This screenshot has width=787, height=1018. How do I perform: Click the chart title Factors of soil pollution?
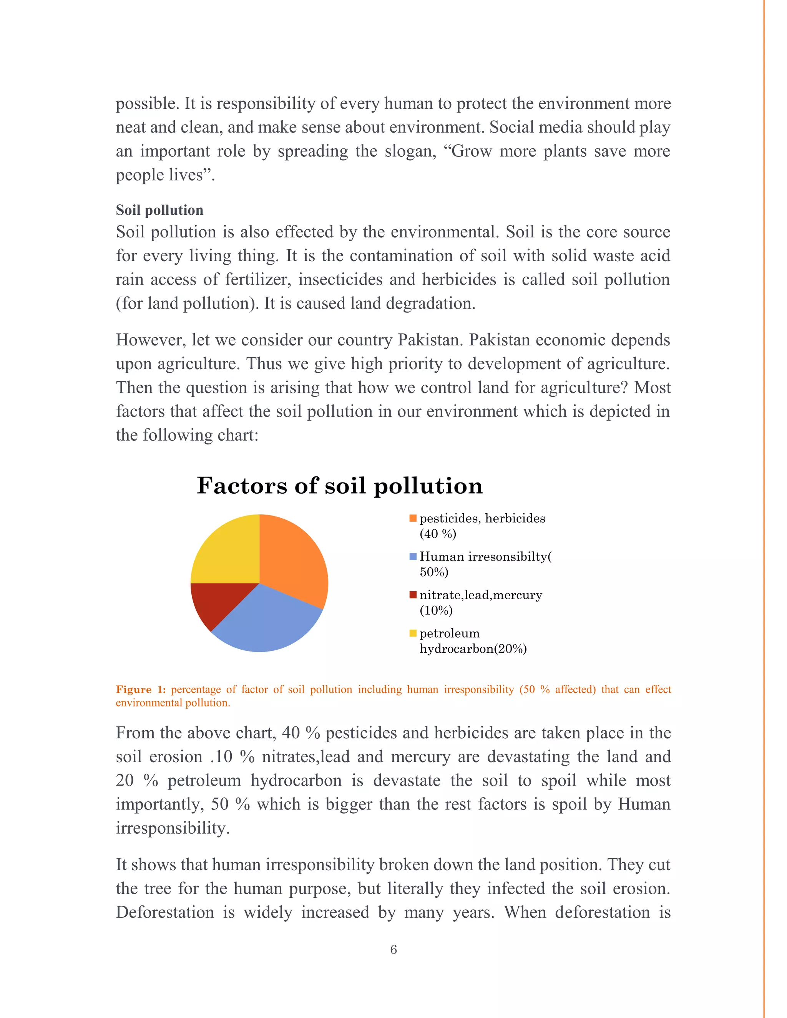click(x=339, y=486)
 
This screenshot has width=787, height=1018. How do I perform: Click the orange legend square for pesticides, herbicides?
click(x=413, y=518)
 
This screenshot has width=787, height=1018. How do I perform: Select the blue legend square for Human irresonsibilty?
click(x=413, y=557)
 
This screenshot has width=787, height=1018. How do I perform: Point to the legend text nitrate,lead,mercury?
click(x=480, y=595)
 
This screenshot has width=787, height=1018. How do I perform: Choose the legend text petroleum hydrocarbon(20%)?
click(x=472, y=641)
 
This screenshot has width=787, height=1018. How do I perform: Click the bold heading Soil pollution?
click(x=159, y=210)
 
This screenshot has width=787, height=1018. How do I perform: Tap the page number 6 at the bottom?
click(x=393, y=950)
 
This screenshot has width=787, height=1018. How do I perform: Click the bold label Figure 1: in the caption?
click(x=141, y=690)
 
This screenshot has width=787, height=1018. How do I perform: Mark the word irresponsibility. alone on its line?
click(x=173, y=828)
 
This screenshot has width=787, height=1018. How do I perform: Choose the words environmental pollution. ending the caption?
click(x=173, y=703)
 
